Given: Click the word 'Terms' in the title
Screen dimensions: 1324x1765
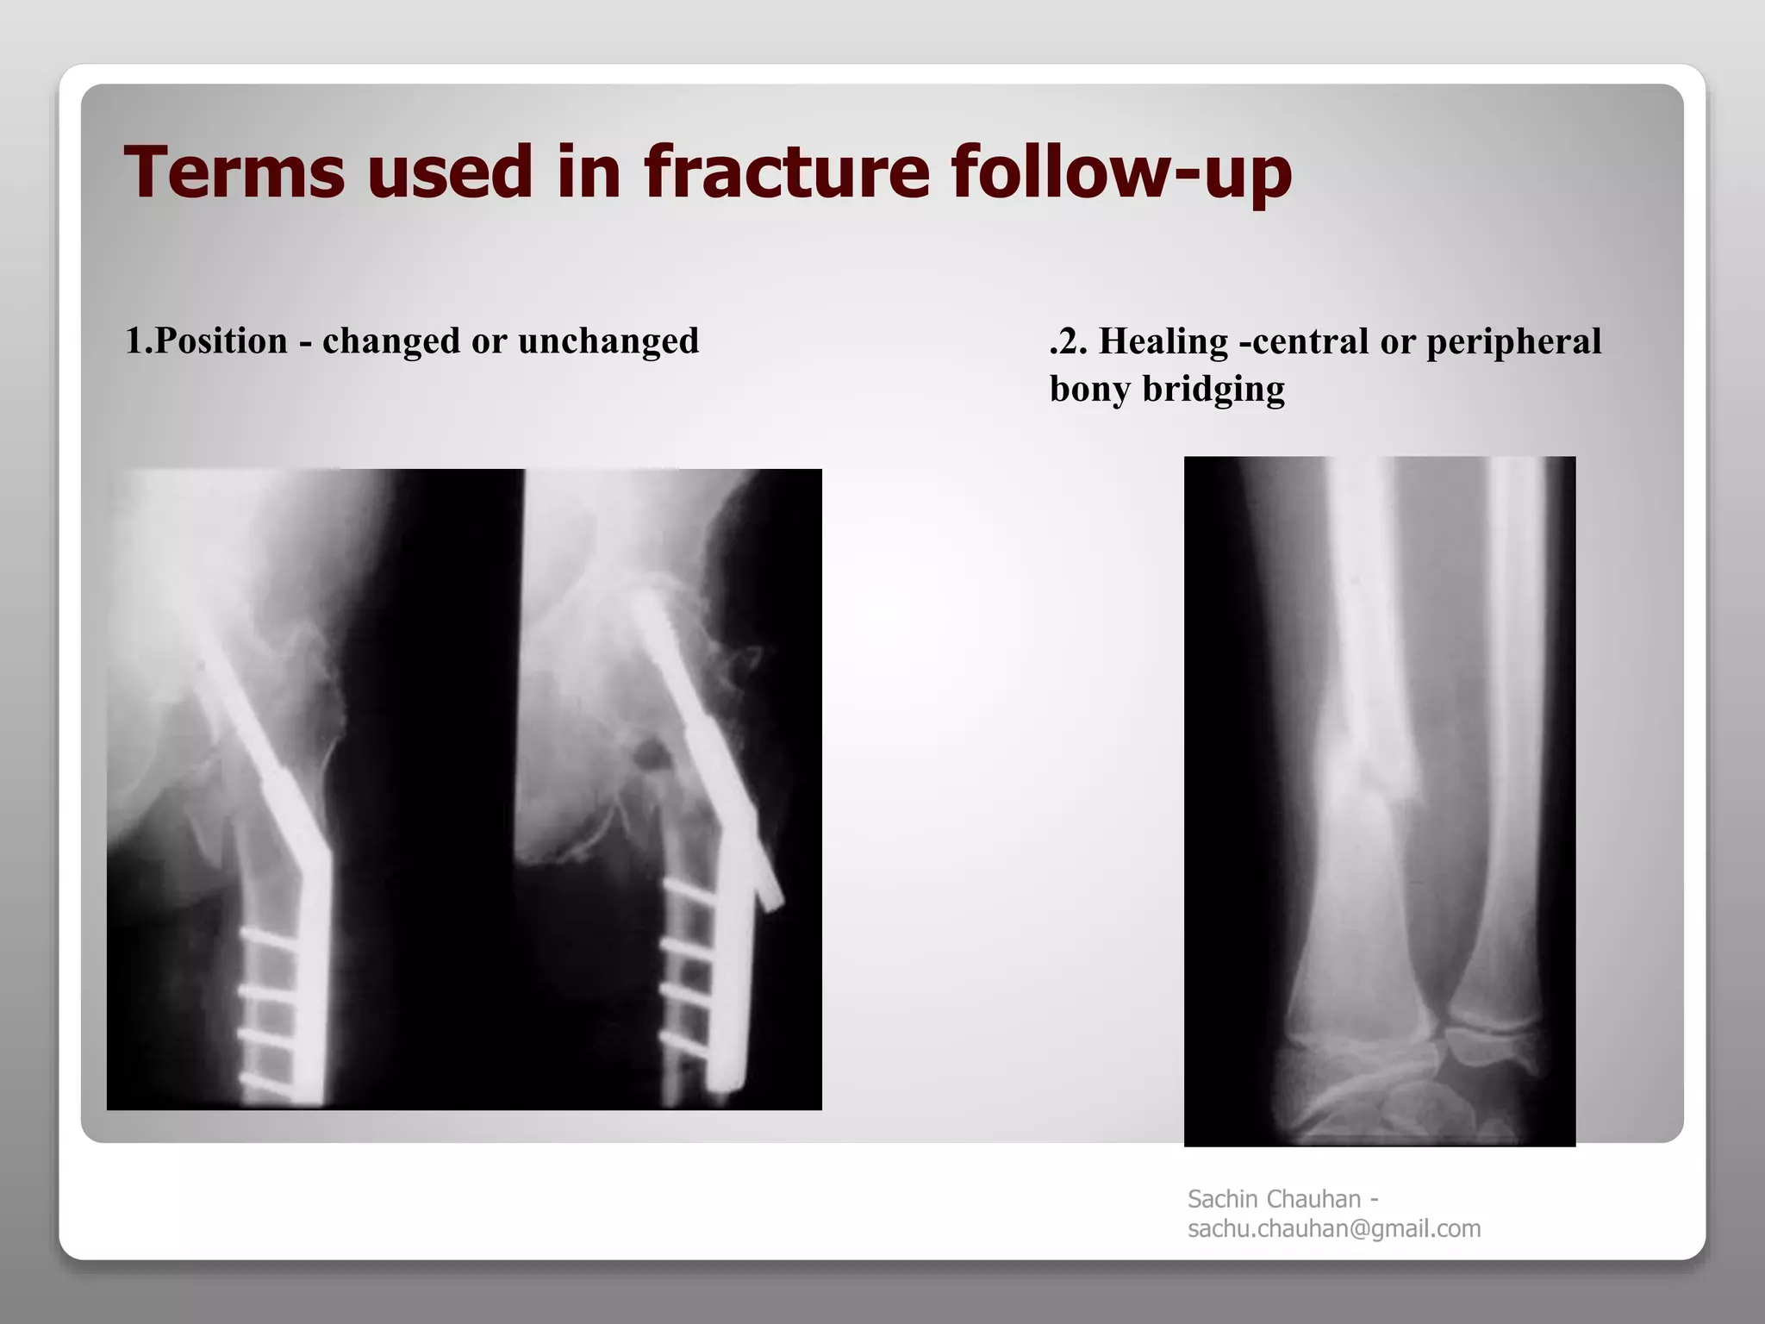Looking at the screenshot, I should (234, 172).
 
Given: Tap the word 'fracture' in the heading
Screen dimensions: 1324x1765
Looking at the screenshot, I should (787, 172).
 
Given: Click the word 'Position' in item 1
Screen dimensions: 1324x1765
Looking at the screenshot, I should (221, 341).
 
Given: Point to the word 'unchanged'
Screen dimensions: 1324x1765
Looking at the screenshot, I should (608, 341).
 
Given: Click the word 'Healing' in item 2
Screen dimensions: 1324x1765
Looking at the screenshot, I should (1163, 341).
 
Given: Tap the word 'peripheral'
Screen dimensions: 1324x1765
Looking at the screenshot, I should (1513, 341).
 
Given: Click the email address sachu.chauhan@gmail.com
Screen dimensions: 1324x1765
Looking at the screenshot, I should (1334, 1228).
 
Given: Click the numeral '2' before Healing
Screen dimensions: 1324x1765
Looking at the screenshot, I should (1069, 341).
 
